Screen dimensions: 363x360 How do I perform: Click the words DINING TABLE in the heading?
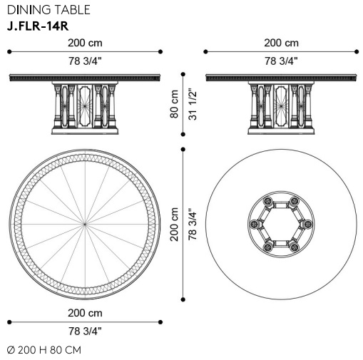click(x=48, y=10)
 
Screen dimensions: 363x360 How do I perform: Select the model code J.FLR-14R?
click(x=38, y=26)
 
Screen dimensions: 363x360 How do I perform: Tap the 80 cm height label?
click(x=174, y=104)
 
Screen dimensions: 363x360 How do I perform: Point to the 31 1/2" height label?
click(x=193, y=104)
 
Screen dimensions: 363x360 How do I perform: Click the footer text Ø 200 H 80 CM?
click(x=44, y=350)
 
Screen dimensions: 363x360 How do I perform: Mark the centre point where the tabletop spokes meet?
click(x=85, y=224)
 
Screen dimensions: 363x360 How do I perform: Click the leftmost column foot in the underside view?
click(x=254, y=224)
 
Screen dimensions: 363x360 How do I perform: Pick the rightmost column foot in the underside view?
click(x=308, y=224)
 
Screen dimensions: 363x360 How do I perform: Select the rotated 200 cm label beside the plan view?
click(x=174, y=225)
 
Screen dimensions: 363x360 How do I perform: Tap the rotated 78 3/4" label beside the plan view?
click(x=193, y=225)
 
